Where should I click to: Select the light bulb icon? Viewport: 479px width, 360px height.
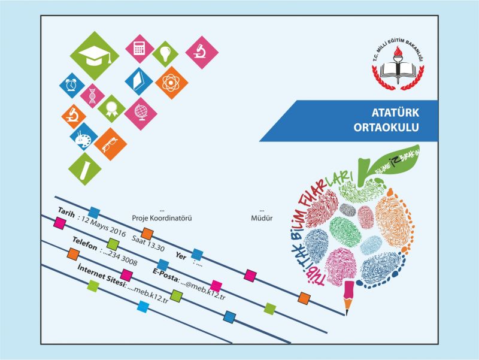pyautogui.click(x=165, y=54)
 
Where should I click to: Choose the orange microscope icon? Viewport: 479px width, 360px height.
pyautogui.click(x=75, y=114)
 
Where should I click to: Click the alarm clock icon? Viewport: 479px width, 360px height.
pyautogui.click(x=72, y=85)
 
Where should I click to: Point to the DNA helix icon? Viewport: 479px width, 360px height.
pyautogui.click(x=93, y=94)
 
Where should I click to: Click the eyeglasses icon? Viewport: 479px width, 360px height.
pyautogui.click(x=110, y=142)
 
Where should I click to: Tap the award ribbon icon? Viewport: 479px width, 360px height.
pyautogui.click(x=111, y=109)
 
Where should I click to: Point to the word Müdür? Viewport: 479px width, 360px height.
pyautogui.click(x=262, y=219)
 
